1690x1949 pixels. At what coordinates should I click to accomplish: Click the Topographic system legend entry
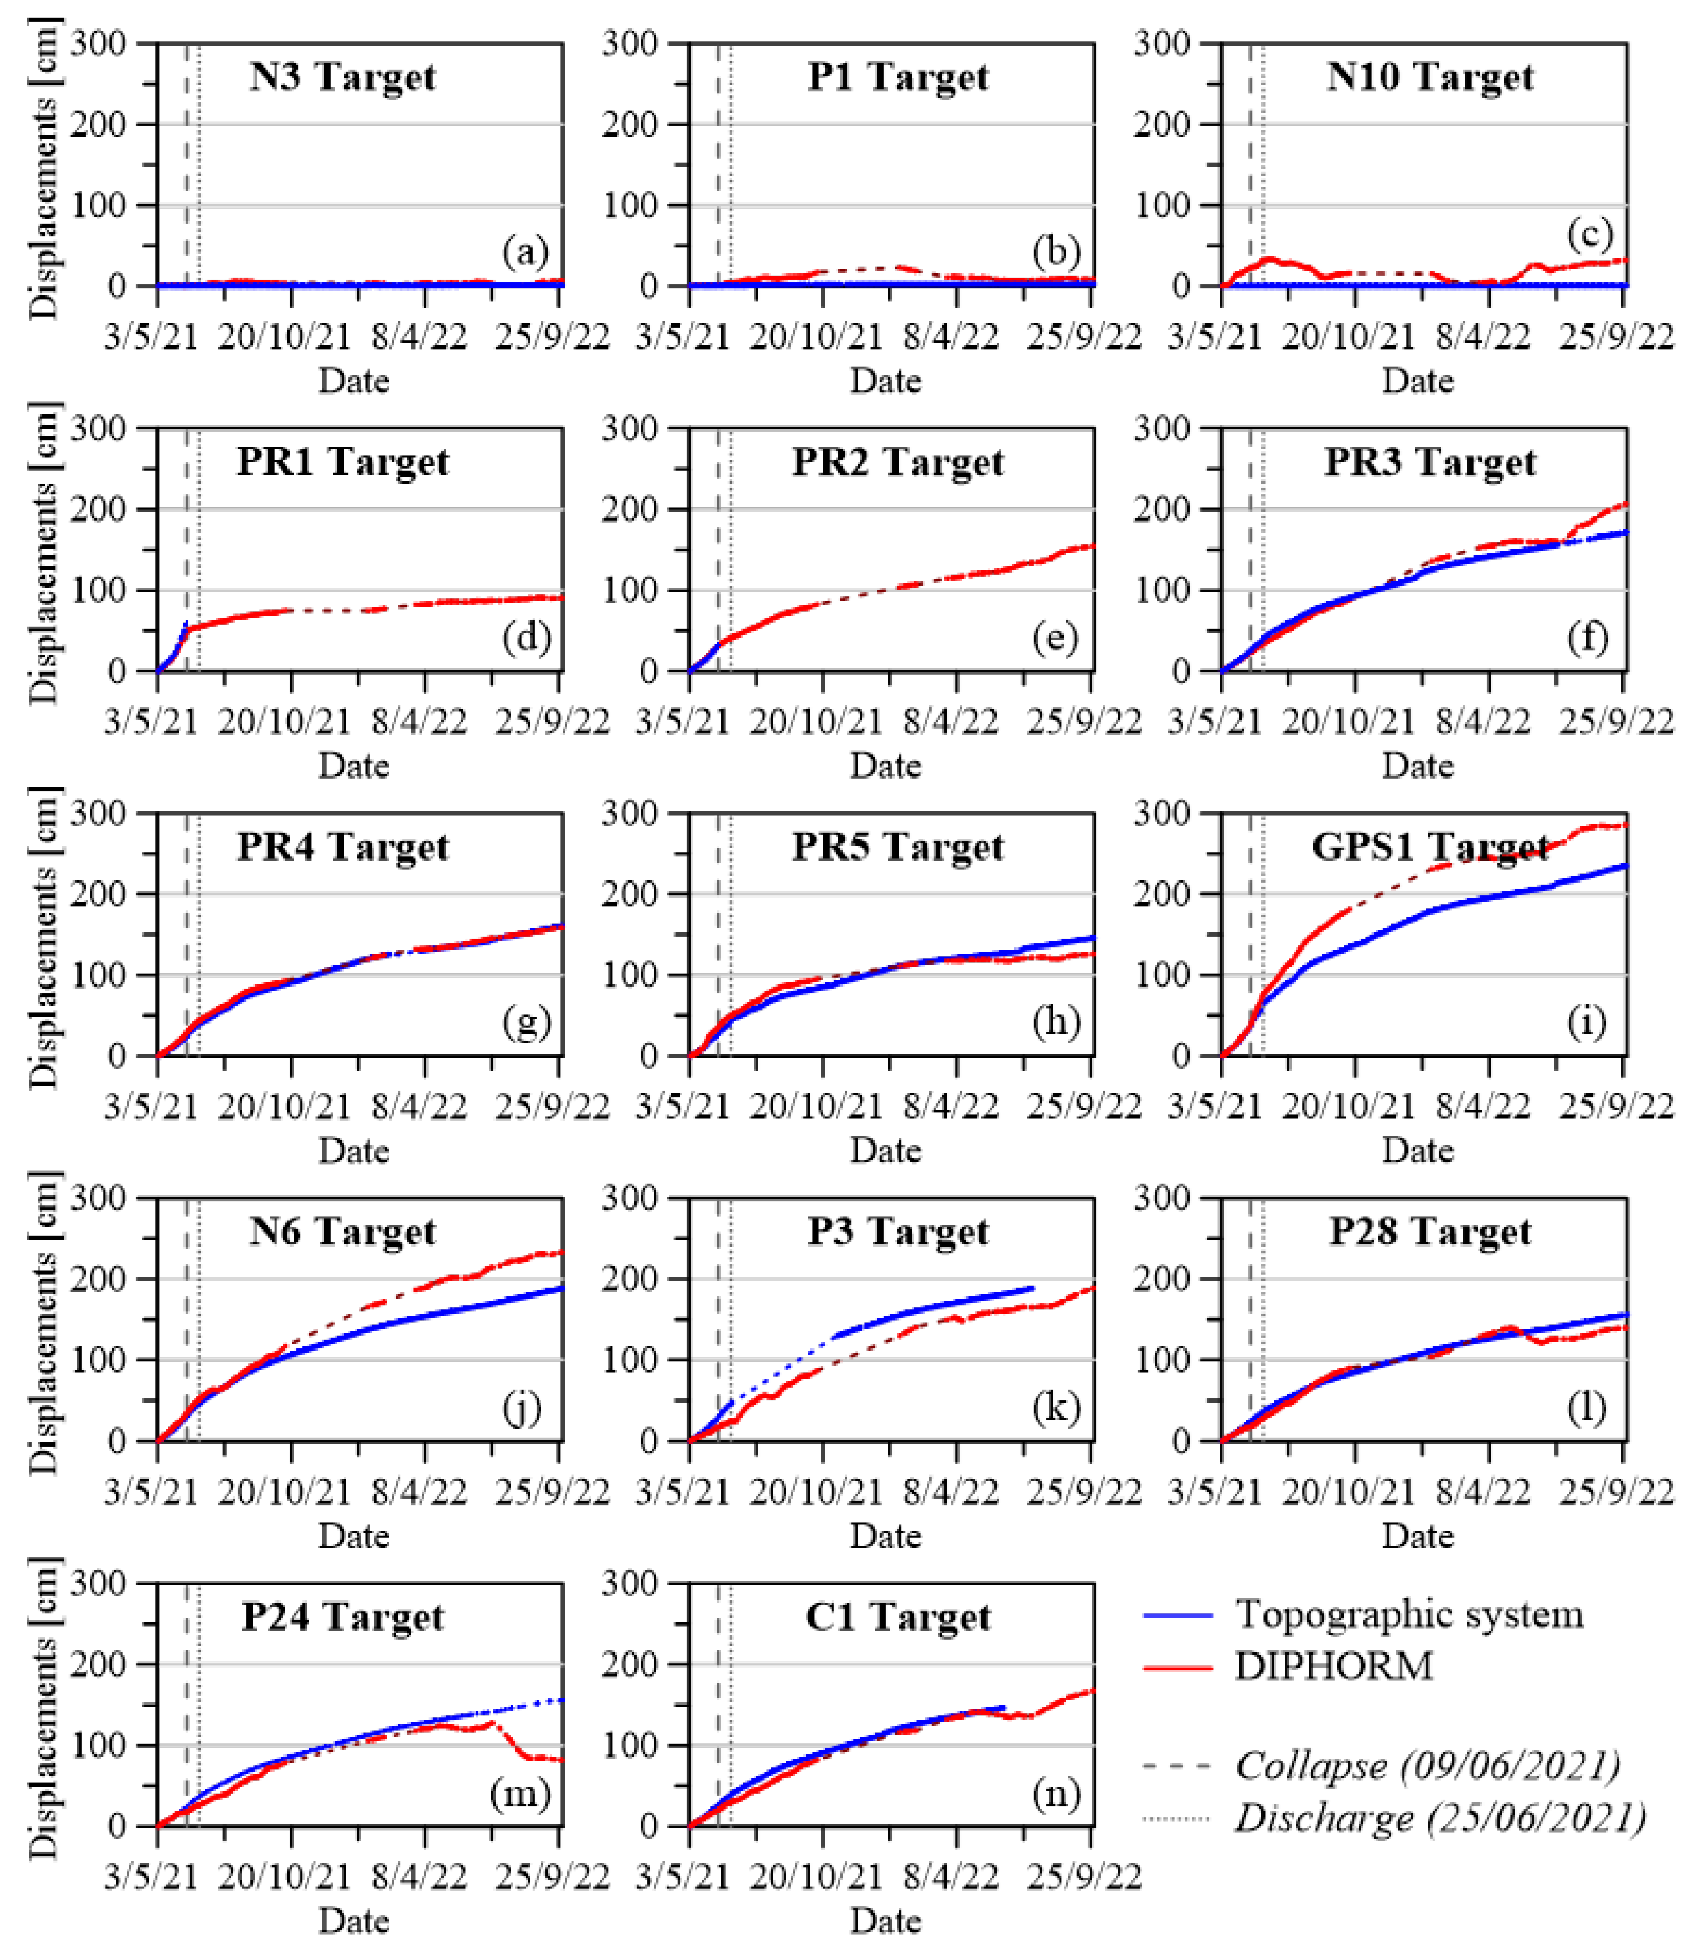(1409, 1615)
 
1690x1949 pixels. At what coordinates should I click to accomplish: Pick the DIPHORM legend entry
(1333, 1667)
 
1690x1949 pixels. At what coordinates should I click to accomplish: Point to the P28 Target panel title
(1430, 1232)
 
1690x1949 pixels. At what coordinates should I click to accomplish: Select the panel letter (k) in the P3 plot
(1054, 1408)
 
